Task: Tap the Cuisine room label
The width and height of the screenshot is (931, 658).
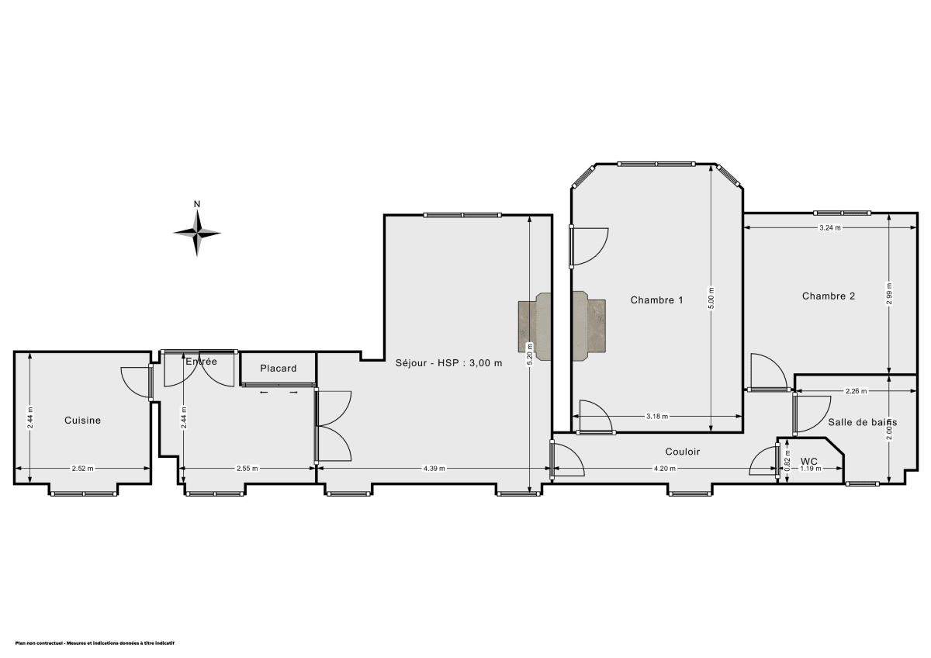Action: click(82, 421)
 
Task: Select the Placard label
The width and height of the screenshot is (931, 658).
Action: click(278, 369)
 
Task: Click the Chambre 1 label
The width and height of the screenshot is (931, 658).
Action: click(656, 300)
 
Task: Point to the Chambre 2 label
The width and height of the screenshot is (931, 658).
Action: click(829, 296)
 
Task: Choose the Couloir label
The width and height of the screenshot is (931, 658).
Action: click(683, 452)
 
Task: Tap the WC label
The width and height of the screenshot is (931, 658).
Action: click(809, 461)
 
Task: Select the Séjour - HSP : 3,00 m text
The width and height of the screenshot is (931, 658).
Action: click(448, 362)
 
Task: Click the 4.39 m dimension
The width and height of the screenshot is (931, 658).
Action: click(434, 469)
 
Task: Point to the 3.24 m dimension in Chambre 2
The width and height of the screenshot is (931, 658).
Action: click(830, 228)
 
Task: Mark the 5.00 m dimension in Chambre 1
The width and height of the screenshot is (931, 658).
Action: click(711, 299)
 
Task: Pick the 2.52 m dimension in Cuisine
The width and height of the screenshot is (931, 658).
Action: click(82, 469)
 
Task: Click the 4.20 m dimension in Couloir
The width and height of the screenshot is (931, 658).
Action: click(664, 469)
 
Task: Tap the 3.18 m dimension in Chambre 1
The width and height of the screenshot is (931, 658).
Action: click(657, 417)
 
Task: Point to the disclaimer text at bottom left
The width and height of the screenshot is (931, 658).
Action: click(95, 643)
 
